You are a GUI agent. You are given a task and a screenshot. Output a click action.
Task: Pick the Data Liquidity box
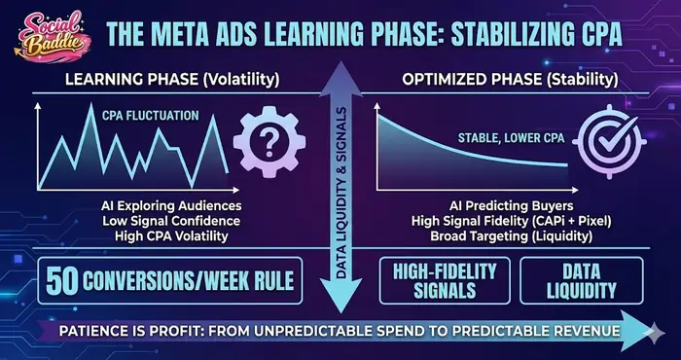[581, 281]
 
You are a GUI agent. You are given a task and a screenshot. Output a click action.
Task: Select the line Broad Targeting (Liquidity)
[500, 236]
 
